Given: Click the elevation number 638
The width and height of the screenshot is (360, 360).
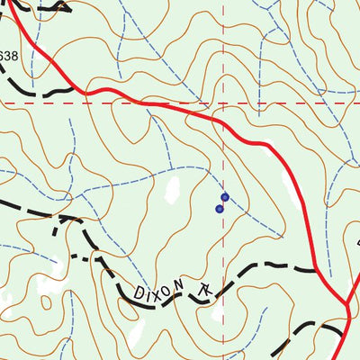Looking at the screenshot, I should point(8,56).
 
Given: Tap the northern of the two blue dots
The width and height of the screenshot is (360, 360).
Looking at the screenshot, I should point(225,196).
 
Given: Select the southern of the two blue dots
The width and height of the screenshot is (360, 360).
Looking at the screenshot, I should point(220,209).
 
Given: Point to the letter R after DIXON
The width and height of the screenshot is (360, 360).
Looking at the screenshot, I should point(207,290).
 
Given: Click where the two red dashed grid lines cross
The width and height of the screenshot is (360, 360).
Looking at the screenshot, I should point(224,103).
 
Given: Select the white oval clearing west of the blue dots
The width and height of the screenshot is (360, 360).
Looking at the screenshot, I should point(172,191).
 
